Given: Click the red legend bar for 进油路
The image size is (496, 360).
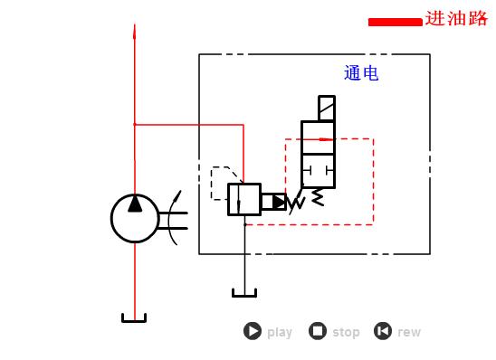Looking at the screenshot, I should [x=395, y=22].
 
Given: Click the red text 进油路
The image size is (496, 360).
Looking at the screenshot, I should [x=456, y=19].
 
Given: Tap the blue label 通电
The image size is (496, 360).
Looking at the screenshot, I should [x=361, y=74].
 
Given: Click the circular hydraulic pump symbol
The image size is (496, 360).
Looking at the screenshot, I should [x=135, y=218].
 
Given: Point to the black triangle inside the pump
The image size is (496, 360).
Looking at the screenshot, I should [x=135, y=204].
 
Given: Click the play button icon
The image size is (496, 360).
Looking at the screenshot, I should [x=253, y=331].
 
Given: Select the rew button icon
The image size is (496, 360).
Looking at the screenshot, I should [x=383, y=331].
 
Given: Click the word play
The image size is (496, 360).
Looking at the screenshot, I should [x=280, y=332].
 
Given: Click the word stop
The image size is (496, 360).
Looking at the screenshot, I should [x=346, y=332].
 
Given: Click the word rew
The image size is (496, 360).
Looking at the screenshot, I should [x=409, y=332].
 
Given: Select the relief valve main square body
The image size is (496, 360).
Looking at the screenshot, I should [x=243, y=199].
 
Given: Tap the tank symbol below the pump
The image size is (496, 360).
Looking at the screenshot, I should [x=135, y=317].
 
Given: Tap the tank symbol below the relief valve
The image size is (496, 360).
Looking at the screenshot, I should [x=244, y=291].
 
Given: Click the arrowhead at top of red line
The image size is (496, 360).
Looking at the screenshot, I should [x=135, y=32].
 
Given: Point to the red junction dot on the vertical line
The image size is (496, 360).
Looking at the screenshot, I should [x=135, y=124].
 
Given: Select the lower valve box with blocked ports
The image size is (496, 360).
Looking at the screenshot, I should [x=318, y=170].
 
